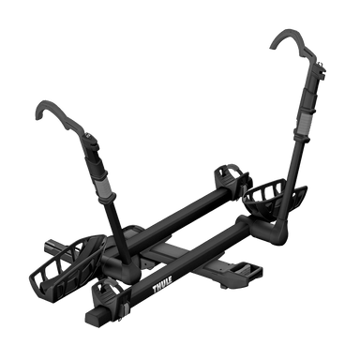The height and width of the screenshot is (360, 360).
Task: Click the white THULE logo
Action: [162, 284]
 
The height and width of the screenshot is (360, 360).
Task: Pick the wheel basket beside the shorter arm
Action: [67, 266]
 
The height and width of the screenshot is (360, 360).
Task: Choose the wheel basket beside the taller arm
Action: [274, 199]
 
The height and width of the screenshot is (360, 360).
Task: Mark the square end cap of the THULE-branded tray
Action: [95, 316]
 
